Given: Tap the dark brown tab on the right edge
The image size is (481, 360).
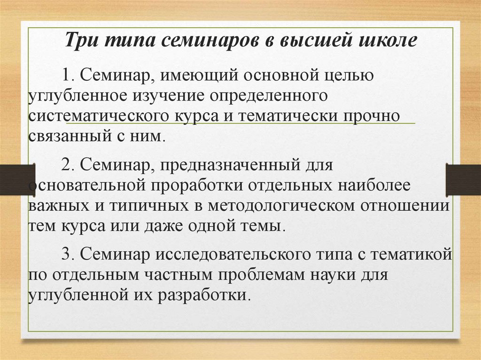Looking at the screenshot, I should point(463,179).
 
